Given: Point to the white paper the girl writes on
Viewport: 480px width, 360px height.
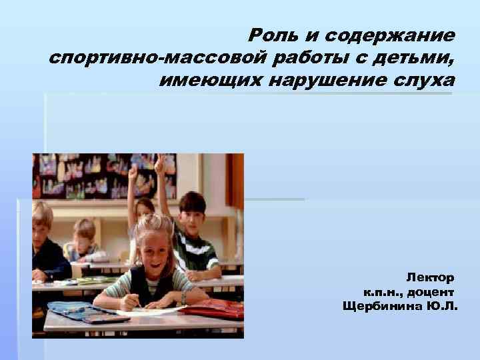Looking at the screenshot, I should (143, 309).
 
